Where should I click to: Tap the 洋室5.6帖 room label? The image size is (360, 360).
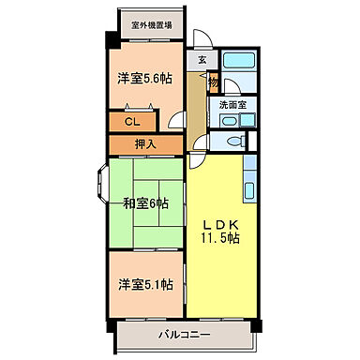(x=143, y=80)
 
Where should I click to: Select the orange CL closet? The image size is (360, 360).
(x=132, y=122)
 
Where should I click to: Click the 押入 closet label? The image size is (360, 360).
(x=144, y=144)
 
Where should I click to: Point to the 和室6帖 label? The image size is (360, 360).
(x=144, y=203)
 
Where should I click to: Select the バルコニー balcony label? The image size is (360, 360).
(x=183, y=335)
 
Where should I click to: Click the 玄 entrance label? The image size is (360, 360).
(x=202, y=60)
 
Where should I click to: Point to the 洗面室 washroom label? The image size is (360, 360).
(x=232, y=106)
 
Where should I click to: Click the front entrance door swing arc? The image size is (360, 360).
(x=199, y=39)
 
